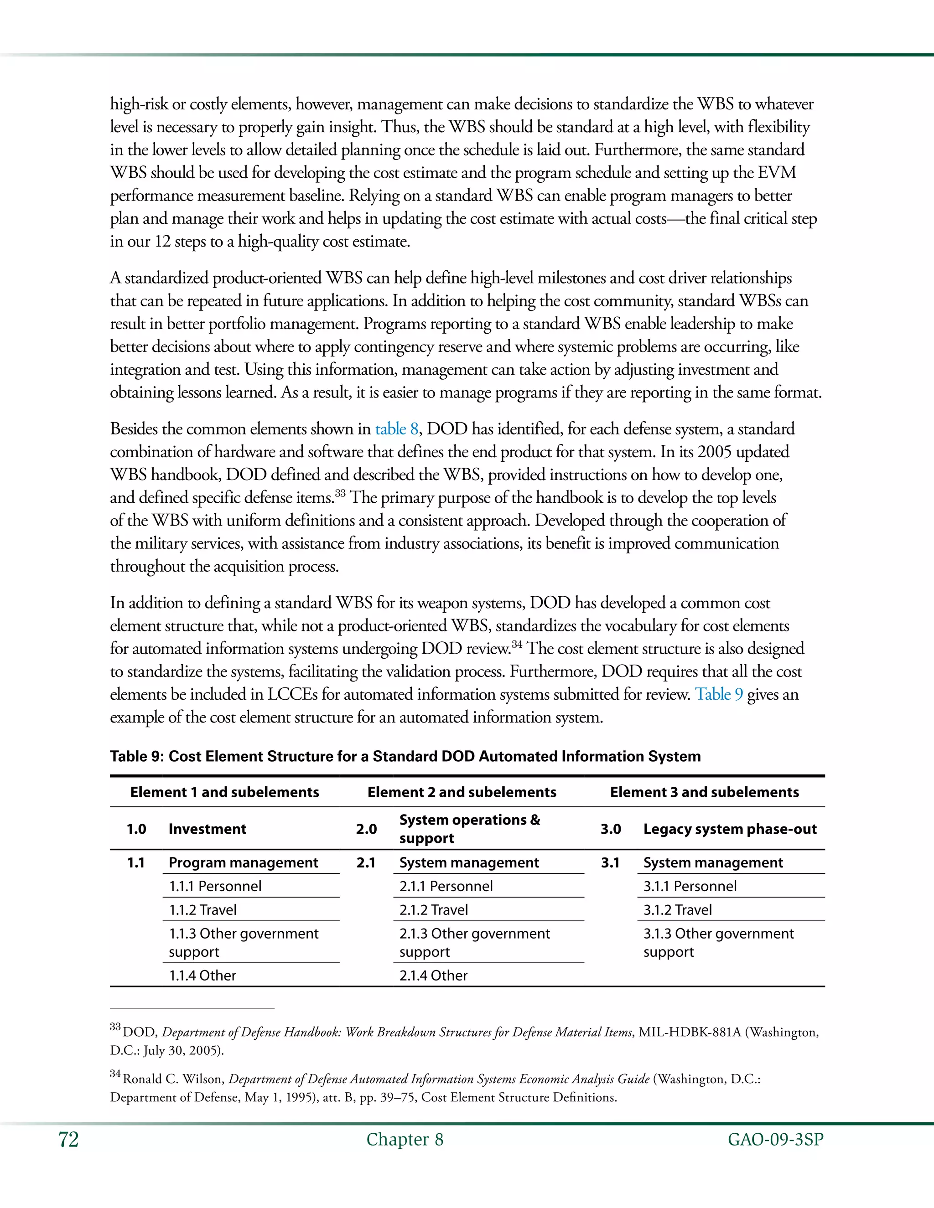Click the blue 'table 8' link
(x=396, y=429)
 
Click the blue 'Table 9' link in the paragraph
(x=718, y=694)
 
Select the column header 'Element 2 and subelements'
(x=462, y=792)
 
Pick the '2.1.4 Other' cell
(x=433, y=975)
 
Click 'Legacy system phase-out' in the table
(x=729, y=829)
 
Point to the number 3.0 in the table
(x=610, y=829)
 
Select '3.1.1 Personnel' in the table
(x=690, y=886)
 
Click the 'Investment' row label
(x=207, y=829)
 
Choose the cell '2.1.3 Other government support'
(x=474, y=943)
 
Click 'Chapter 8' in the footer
(x=405, y=1140)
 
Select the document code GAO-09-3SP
(x=775, y=1140)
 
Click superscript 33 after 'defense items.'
(x=340, y=493)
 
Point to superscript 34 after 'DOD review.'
(x=517, y=644)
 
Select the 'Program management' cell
(x=243, y=862)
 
